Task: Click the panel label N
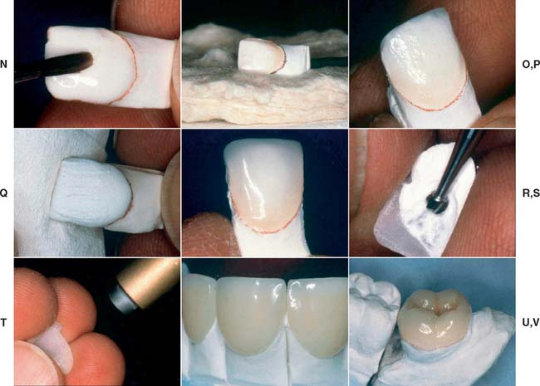(4, 64)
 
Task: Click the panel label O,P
(531, 65)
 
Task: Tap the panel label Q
(4, 193)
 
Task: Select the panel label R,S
(531, 193)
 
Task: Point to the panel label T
(3, 322)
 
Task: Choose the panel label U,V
(531, 322)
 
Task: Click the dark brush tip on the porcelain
(82, 62)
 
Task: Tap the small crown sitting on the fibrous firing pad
(262, 56)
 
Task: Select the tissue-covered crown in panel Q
(91, 193)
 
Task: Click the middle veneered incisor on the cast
(252, 316)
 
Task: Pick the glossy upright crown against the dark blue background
(263, 186)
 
